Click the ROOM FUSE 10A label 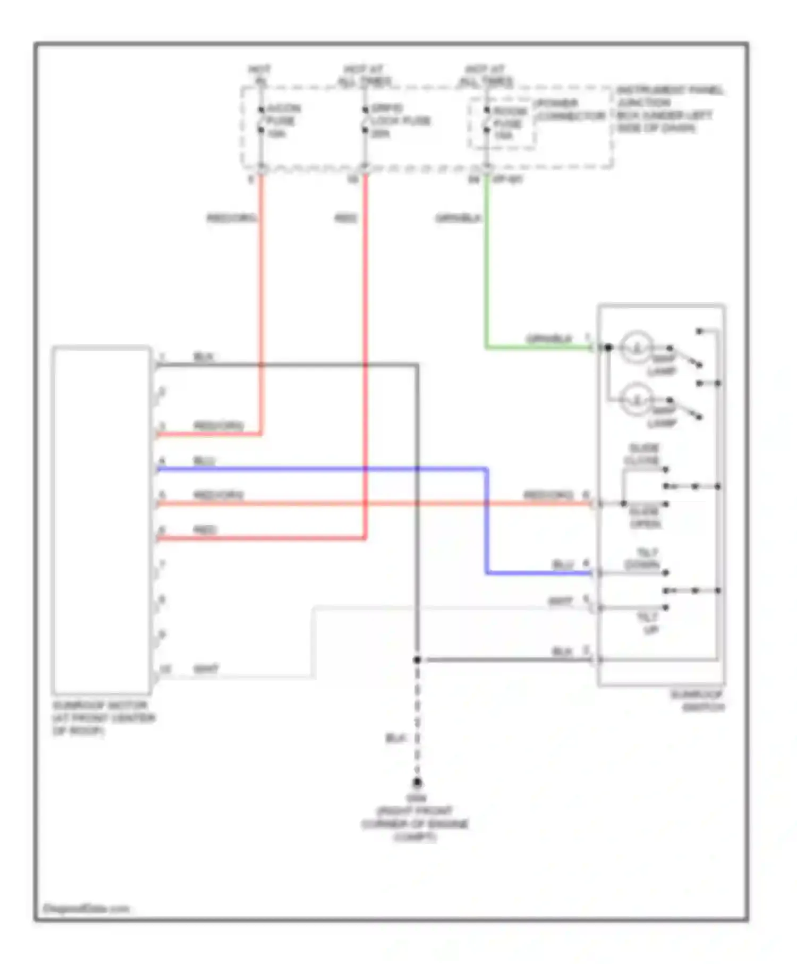tap(509, 123)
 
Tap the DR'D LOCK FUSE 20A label tap(400, 121)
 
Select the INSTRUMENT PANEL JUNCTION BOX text tap(668, 109)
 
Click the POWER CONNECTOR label tap(570, 109)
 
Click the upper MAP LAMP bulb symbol tap(637, 348)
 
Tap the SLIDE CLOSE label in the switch tap(643, 454)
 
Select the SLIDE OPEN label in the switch tap(645, 518)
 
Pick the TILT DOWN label tap(643, 559)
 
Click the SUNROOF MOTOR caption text tap(103, 717)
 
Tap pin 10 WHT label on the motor tap(206, 669)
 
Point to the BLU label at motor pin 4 tap(204, 461)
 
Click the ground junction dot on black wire tap(417, 660)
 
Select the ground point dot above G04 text tap(417, 782)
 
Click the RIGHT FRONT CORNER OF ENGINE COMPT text tap(415, 824)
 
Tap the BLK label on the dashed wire tap(395, 739)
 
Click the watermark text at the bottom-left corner tap(86, 909)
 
